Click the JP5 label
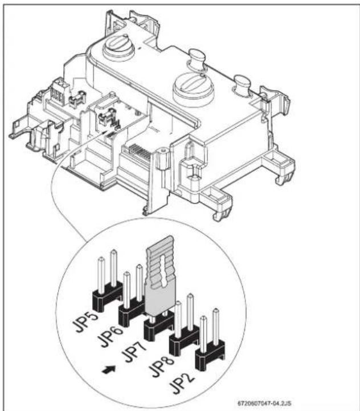85,322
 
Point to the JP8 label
161,367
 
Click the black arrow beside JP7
109,369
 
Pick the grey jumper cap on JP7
161,275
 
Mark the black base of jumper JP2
210,356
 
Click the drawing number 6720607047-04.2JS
264,403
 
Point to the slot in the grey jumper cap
163,271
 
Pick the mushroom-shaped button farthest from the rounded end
242,84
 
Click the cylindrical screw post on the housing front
163,157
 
